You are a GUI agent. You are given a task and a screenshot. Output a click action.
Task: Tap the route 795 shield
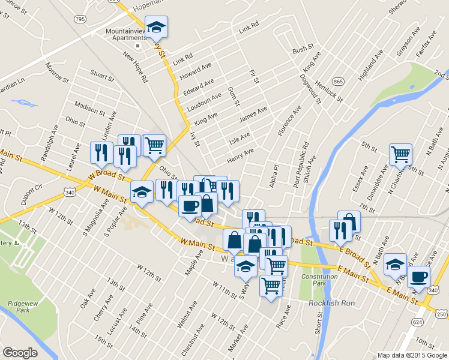[x=79, y=20]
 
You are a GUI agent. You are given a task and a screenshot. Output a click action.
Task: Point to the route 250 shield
[x=441, y=314]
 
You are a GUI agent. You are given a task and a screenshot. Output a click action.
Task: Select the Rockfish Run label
[x=329, y=303]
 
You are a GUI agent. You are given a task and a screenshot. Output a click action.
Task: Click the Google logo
[x=20, y=353]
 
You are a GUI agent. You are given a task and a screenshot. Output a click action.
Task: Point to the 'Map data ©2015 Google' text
[x=412, y=355]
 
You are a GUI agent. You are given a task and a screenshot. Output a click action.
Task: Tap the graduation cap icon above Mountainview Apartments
[x=157, y=26]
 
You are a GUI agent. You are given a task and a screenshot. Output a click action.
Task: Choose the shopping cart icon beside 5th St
[x=400, y=154]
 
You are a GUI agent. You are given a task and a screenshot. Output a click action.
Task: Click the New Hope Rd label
[x=135, y=65]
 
